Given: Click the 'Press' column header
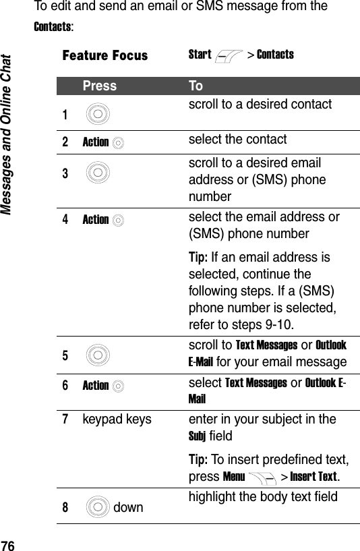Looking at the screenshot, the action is (x=99, y=86).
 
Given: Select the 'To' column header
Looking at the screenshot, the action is (x=196, y=86).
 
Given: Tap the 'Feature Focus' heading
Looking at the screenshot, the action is (x=104, y=55).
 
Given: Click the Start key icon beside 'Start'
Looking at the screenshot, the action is (x=229, y=55).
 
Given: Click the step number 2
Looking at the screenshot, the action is (x=66, y=142).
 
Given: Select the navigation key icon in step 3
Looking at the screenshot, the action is (x=98, y=173).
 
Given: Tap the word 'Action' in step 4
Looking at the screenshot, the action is (x=95, y=219).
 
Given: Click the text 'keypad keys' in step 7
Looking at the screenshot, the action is (x=117, y=419).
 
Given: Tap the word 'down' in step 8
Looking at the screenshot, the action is (x=129, y=506).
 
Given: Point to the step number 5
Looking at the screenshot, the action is (x=66, y=353).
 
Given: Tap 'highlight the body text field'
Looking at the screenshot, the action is (x=267, y=498).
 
